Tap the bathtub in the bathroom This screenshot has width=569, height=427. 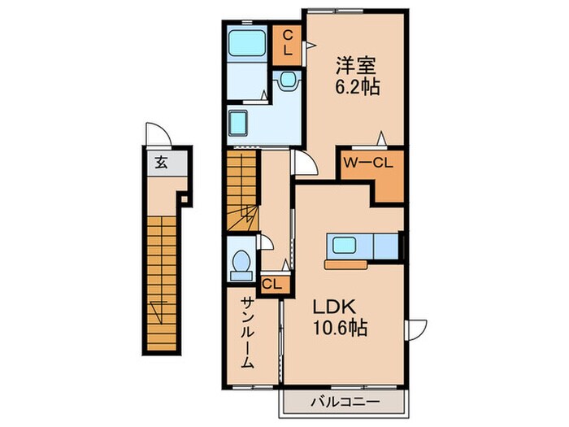(246, 42)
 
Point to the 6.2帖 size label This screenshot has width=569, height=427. (352, 85)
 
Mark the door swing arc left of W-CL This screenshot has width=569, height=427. (306, 163)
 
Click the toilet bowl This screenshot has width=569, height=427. (241, 263)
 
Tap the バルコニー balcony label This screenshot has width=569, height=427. (342, 400)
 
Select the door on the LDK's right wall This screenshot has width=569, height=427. (415, 329)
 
